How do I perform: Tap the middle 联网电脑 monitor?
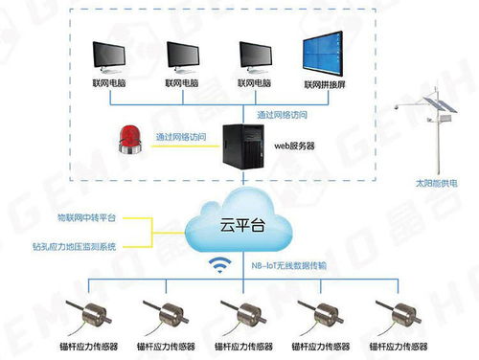pyautogui.click(x=184, y=57)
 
